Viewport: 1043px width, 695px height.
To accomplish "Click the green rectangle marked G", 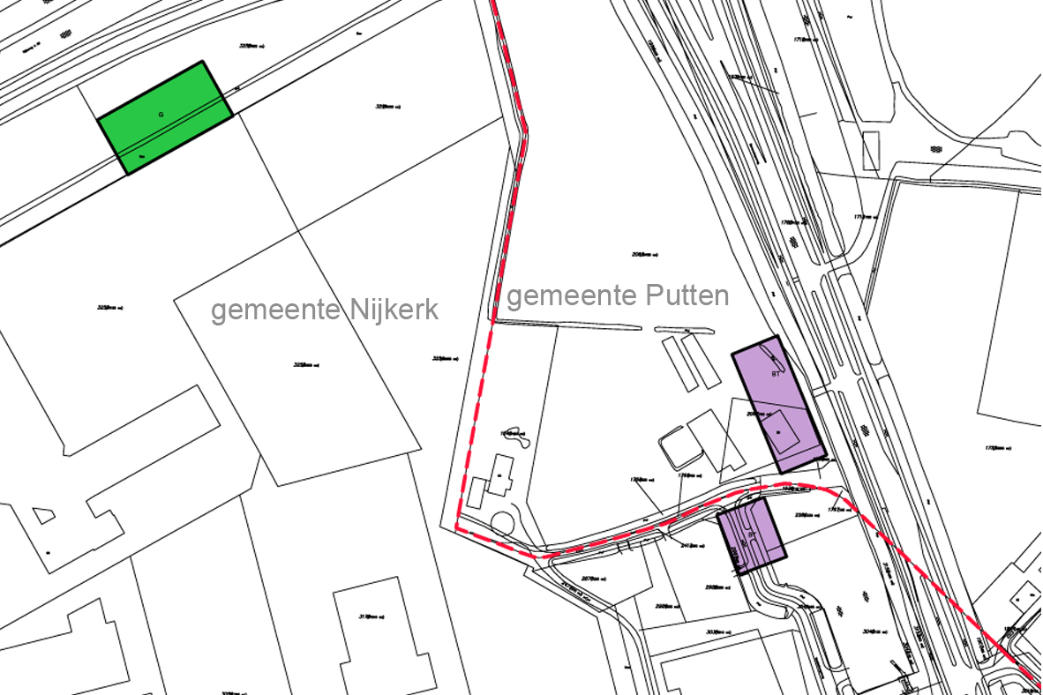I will pos(165,117).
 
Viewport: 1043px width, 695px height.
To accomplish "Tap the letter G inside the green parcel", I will pos(161,115).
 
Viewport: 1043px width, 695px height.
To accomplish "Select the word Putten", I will pos(688,295).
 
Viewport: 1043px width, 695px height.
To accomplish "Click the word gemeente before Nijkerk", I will pos(277,310).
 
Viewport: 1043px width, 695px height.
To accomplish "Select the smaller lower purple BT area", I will pos(751,536).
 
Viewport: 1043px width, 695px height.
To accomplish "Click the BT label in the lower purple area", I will pos(753,534).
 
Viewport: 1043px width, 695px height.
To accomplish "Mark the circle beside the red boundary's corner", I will pos(504,522).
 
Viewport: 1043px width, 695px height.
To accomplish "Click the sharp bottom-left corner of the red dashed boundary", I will pos(457,527).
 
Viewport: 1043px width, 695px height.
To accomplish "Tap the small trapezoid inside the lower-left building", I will pos(43,514).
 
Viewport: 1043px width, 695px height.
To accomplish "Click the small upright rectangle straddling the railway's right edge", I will pos(871,151).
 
